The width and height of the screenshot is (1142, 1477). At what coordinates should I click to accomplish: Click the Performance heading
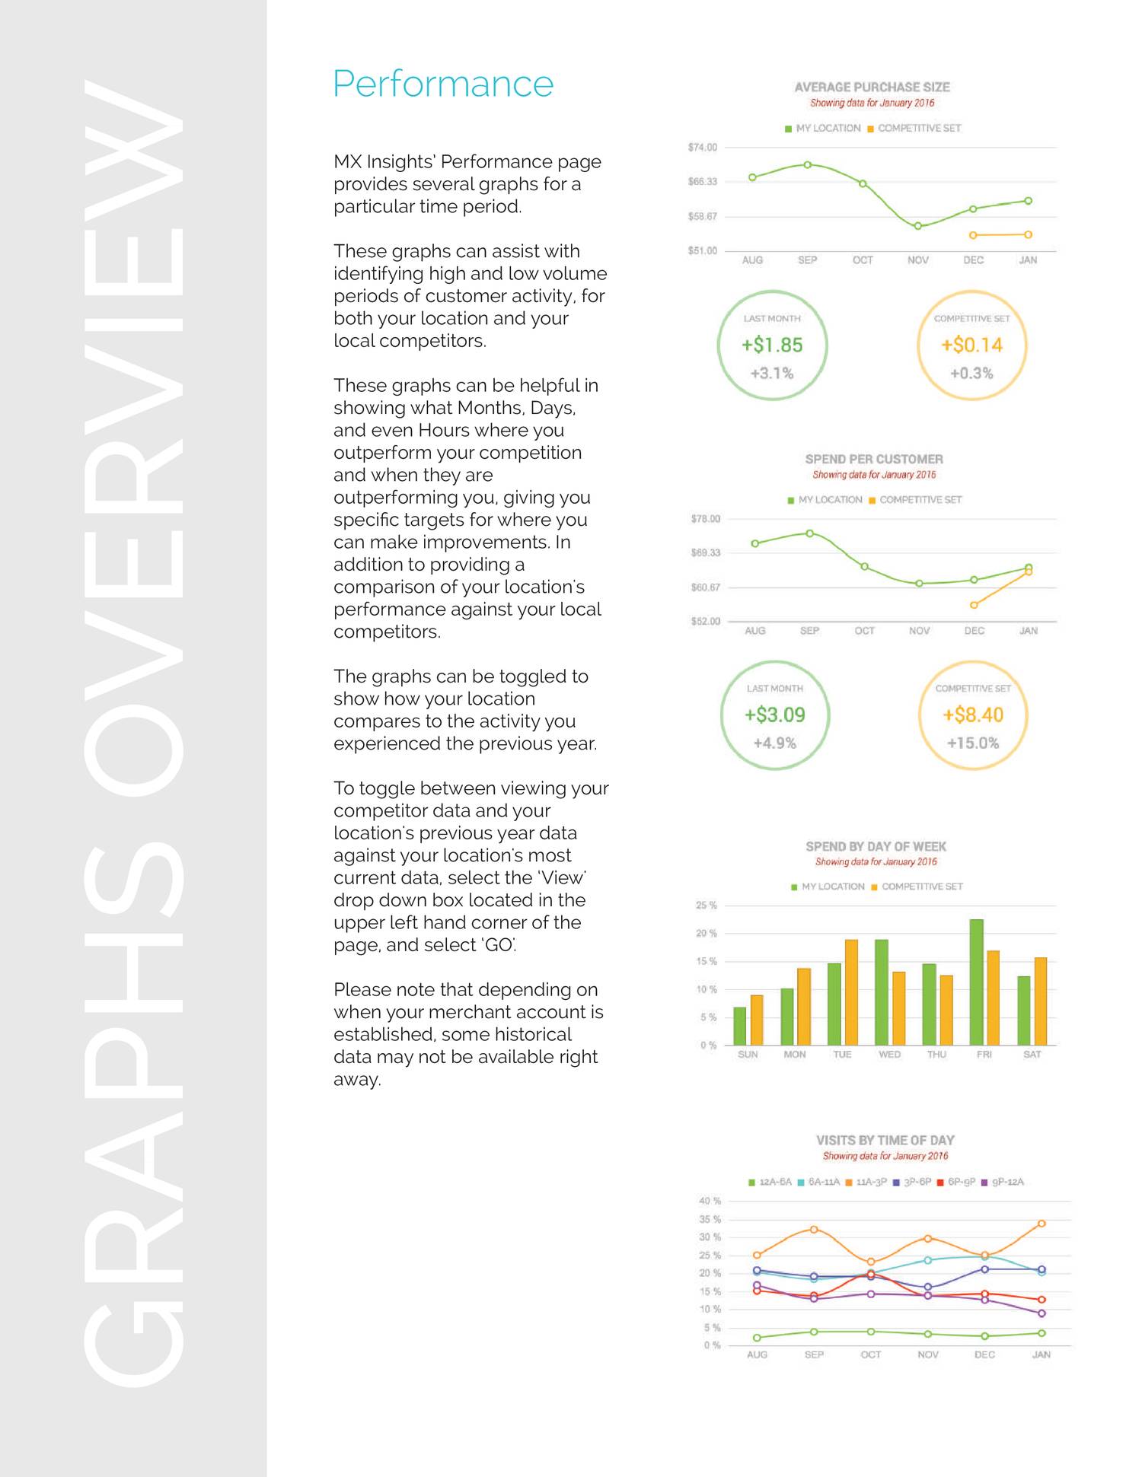pos(442,84)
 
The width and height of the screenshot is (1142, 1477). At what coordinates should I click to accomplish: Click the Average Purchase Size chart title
pos(872,88)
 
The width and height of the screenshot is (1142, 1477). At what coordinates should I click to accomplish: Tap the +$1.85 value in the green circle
pos(772,345)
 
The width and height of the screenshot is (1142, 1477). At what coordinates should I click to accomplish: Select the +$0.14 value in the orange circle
pos(971,345)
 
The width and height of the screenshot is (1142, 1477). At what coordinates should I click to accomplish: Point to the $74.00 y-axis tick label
pos(702,148)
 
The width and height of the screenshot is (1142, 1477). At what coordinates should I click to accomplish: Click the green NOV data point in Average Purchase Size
pos(918,226)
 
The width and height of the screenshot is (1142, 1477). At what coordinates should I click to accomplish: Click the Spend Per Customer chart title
pos(873,459)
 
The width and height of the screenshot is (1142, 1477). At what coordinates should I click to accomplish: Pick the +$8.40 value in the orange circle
pos(973,715)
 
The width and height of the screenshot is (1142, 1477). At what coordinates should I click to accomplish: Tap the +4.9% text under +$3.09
pos(774,743)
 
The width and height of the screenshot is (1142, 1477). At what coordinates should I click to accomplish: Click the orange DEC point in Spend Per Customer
pos(974,605)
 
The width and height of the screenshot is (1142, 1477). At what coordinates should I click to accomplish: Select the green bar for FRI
pos(976,982)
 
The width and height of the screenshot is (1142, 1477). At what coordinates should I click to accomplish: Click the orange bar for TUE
pos(851,992)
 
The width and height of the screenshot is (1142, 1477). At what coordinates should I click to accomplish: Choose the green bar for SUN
pos(739,1026)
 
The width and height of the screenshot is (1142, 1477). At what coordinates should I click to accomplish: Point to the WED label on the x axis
pos(889,1054)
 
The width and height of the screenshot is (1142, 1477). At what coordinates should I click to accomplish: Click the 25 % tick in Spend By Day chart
pos(706,906)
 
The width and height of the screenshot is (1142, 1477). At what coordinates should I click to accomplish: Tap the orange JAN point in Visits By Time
pos(1042,1224)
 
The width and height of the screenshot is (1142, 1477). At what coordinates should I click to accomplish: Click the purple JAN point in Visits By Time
pos(1042,1313)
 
